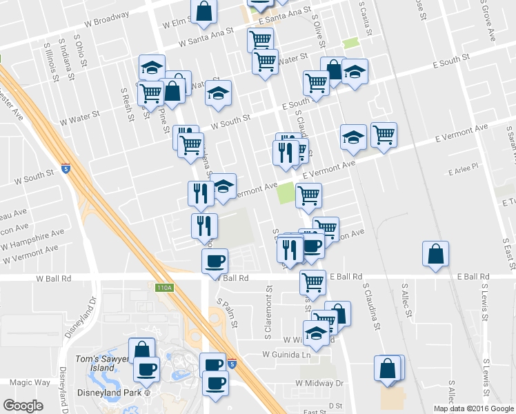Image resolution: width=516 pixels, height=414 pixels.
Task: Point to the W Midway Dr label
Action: (x=319, y=382)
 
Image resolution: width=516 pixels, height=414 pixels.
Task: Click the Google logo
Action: (x=23, y=406)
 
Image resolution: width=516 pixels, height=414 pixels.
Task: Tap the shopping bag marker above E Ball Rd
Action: (x=436, y=254)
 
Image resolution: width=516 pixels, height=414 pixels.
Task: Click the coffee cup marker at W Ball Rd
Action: (x=215, y=261)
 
